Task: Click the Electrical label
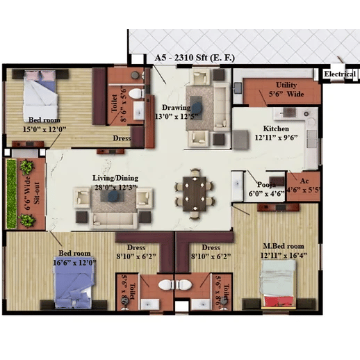[339, 74]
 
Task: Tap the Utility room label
[286, 85]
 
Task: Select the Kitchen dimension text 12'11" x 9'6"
[276, 138]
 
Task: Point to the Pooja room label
[266, 185]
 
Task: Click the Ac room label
[304, 181]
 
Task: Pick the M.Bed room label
[284, 246]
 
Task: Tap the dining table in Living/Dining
[195, 194]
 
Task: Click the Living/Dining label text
[115, 178]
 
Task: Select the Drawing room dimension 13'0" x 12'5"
[177, 116]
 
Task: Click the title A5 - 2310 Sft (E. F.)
[195, 58]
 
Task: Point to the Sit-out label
[36, 193]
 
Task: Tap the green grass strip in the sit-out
[11, 193]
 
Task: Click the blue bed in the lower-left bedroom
[74, 283]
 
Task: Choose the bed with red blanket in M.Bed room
[279, 284]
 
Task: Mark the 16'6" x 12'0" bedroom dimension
[74, 263]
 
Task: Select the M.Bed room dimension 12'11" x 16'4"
[284, 256]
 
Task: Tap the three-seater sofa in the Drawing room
[222, 107]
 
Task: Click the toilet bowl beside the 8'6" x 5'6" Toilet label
[136, 94]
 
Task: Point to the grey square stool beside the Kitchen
[240, 140]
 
